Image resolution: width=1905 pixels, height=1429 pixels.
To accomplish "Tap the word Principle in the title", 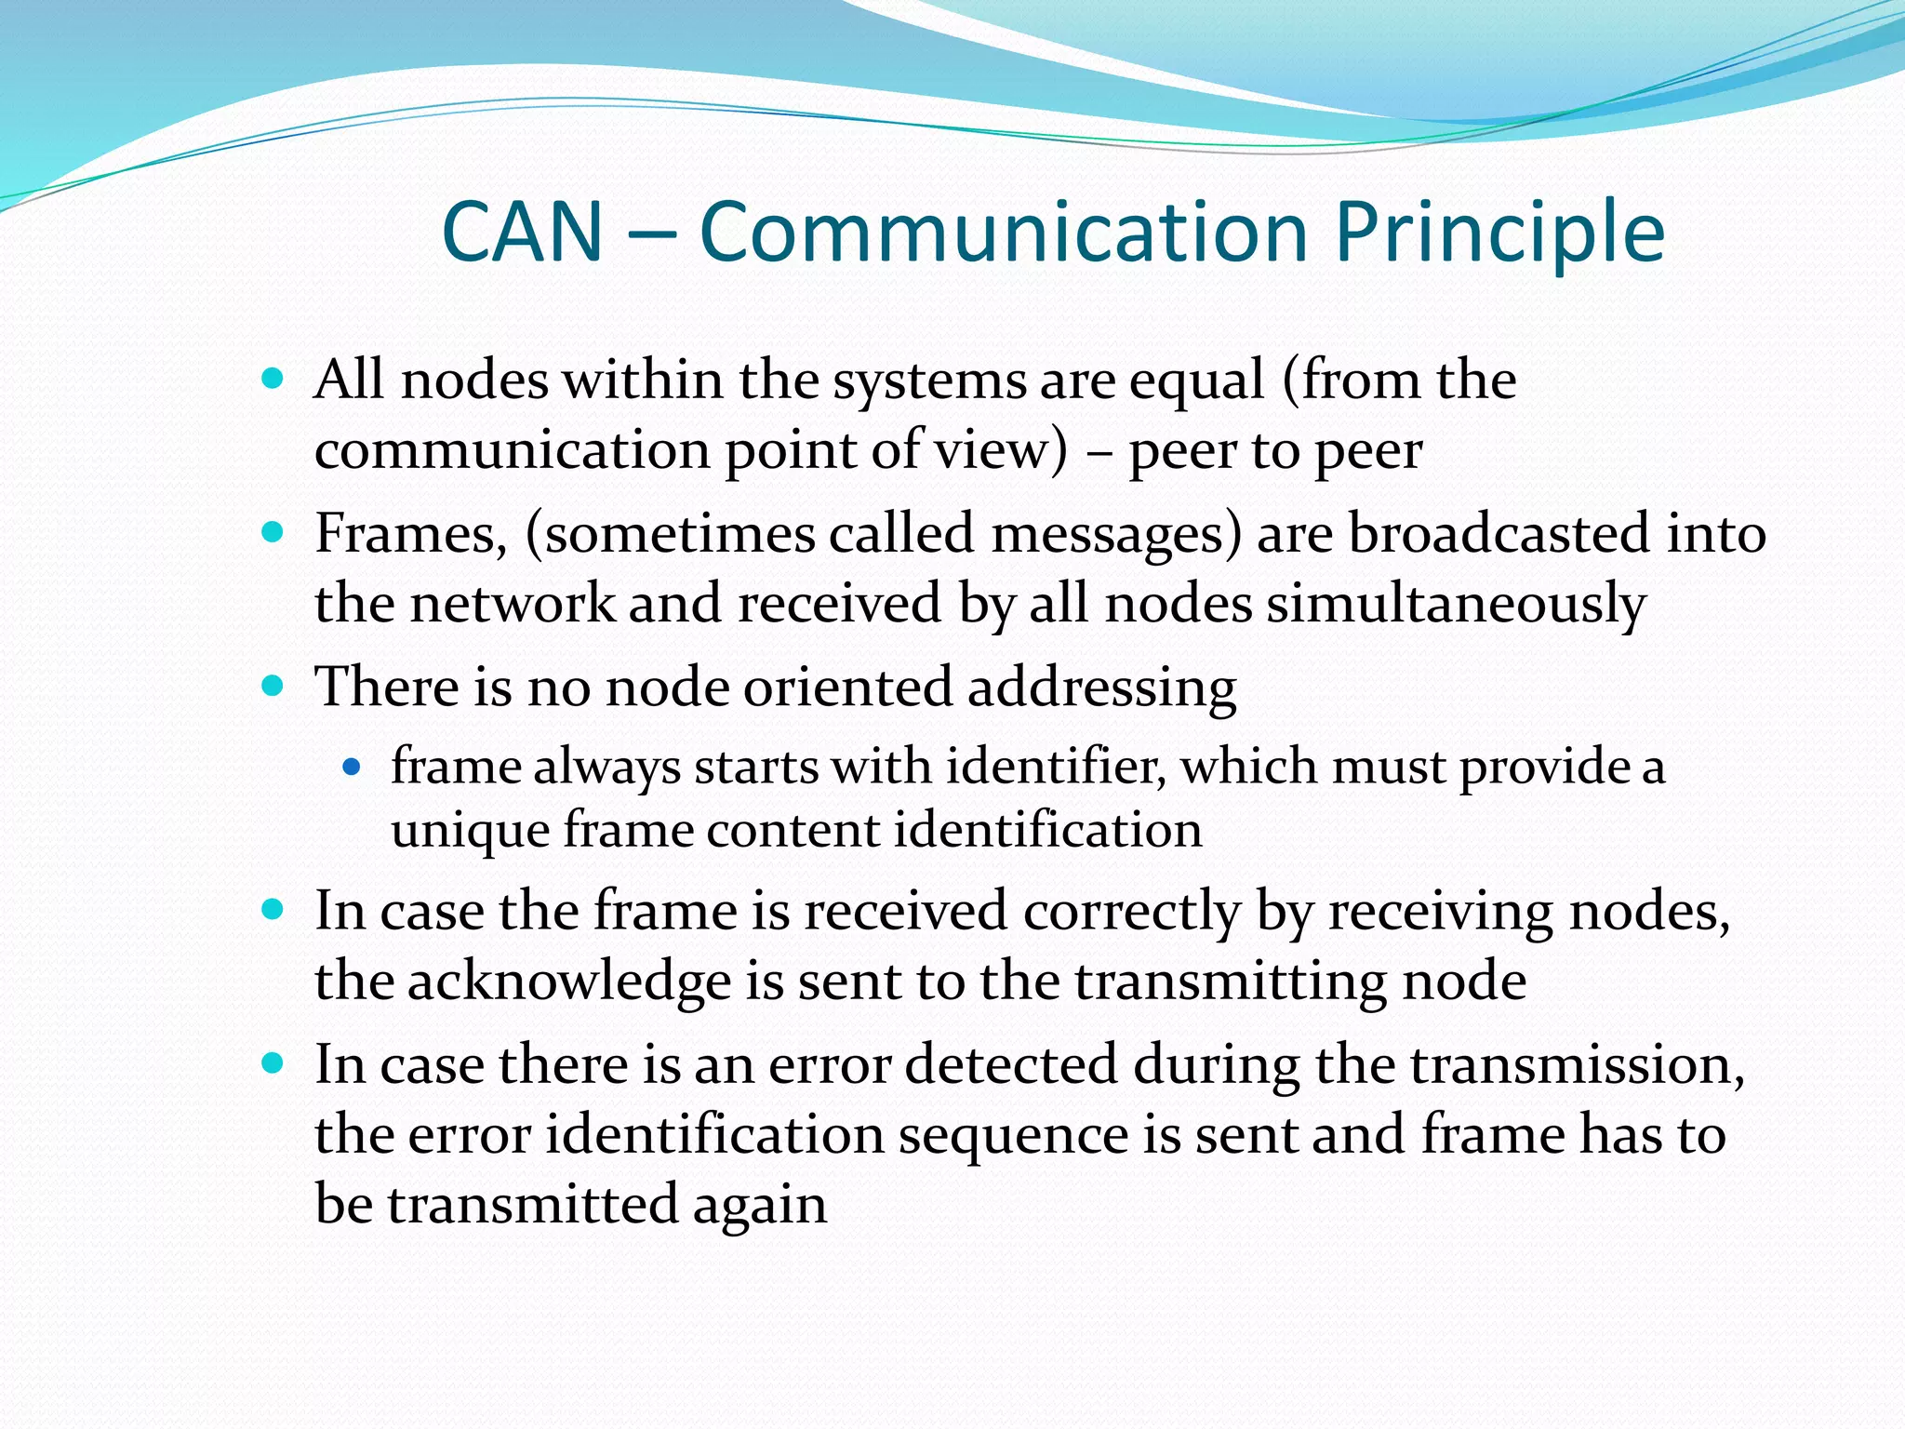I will point(1499,233).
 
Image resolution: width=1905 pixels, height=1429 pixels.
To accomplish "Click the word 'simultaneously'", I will point(1456,604).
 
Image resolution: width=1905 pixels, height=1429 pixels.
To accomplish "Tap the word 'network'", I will point(513,603).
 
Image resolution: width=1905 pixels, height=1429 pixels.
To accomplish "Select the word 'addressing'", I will point(1101,688).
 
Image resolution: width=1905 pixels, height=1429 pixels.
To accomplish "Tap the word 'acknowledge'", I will point(569,982).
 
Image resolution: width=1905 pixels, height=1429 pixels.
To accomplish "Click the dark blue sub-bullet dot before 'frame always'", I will point(351,768).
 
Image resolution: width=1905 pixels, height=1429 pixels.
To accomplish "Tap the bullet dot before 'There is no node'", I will point(272,688).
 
